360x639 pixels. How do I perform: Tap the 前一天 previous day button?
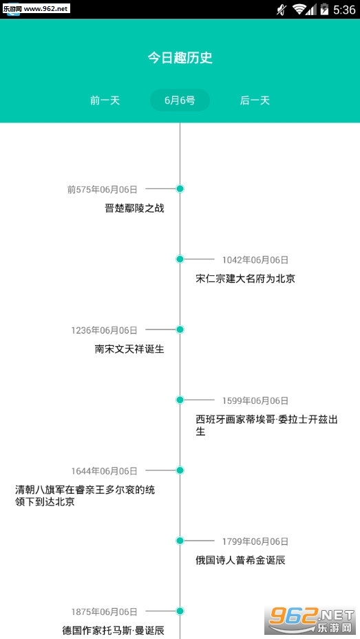click(x=105, y=100)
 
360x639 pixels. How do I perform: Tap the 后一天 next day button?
click(x=255, y=100)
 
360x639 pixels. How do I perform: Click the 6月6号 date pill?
click(x=180, y=100)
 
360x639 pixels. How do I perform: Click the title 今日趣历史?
click(x=180, y=58)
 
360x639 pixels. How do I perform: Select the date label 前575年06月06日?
click(x=103, y=189)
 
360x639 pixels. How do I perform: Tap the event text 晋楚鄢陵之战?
click(x=134, y=208)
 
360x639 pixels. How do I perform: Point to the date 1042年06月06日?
click(x=255, y=259)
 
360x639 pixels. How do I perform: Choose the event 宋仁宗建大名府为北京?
click(x=246, y=279)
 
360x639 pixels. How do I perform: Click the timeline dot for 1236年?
click(x=180, y=329)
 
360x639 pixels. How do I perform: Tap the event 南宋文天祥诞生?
click(x=129, y=349)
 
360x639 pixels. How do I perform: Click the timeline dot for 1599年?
click(x=180, y=400)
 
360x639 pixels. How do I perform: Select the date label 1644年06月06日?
click(x=105, y=471)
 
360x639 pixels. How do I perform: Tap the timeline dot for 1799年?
click(x=180, y=541)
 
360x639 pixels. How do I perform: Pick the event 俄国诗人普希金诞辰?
click(x=240, y=561)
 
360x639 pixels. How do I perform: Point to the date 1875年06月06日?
click(x=105, y=611)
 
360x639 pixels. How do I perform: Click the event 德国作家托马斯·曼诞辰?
click(x=114, y=631)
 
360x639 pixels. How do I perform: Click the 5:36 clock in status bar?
click(x=344, y=10)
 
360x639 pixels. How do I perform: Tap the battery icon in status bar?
click(x=324, y=9)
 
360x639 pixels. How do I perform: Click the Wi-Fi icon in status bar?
click(x=299, y=10)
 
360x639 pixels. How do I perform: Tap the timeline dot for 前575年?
click(x=180, y=188)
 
